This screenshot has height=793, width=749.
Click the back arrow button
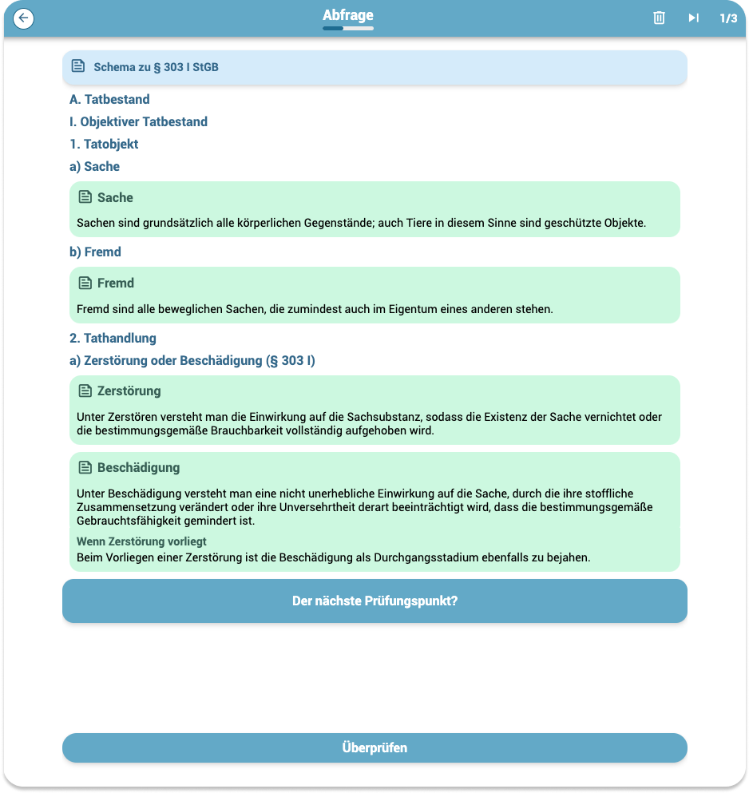pos(24,18)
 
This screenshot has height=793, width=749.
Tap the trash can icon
pos(659,18)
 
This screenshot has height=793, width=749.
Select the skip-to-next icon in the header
pos(693,18)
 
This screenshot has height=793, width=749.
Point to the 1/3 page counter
pos(728,18)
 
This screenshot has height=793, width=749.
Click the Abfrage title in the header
pos(347,15)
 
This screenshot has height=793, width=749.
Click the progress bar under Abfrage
pos(347,29)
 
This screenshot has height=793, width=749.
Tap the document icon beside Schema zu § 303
pos(77,66)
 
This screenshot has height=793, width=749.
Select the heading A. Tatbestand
pos(109,99)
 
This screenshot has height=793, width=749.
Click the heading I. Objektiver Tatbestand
pos(138,121)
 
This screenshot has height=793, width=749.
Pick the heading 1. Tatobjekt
pos(104,144)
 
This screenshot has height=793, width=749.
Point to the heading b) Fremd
pos(95,252)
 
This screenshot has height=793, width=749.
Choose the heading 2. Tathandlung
pos(113,338)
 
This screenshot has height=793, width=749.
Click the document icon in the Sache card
pos(85,196)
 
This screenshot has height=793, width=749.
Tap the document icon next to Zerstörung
pos(85,391)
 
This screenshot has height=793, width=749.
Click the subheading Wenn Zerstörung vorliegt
pos(141,541)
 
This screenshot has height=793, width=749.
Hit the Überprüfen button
pos(374,747)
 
